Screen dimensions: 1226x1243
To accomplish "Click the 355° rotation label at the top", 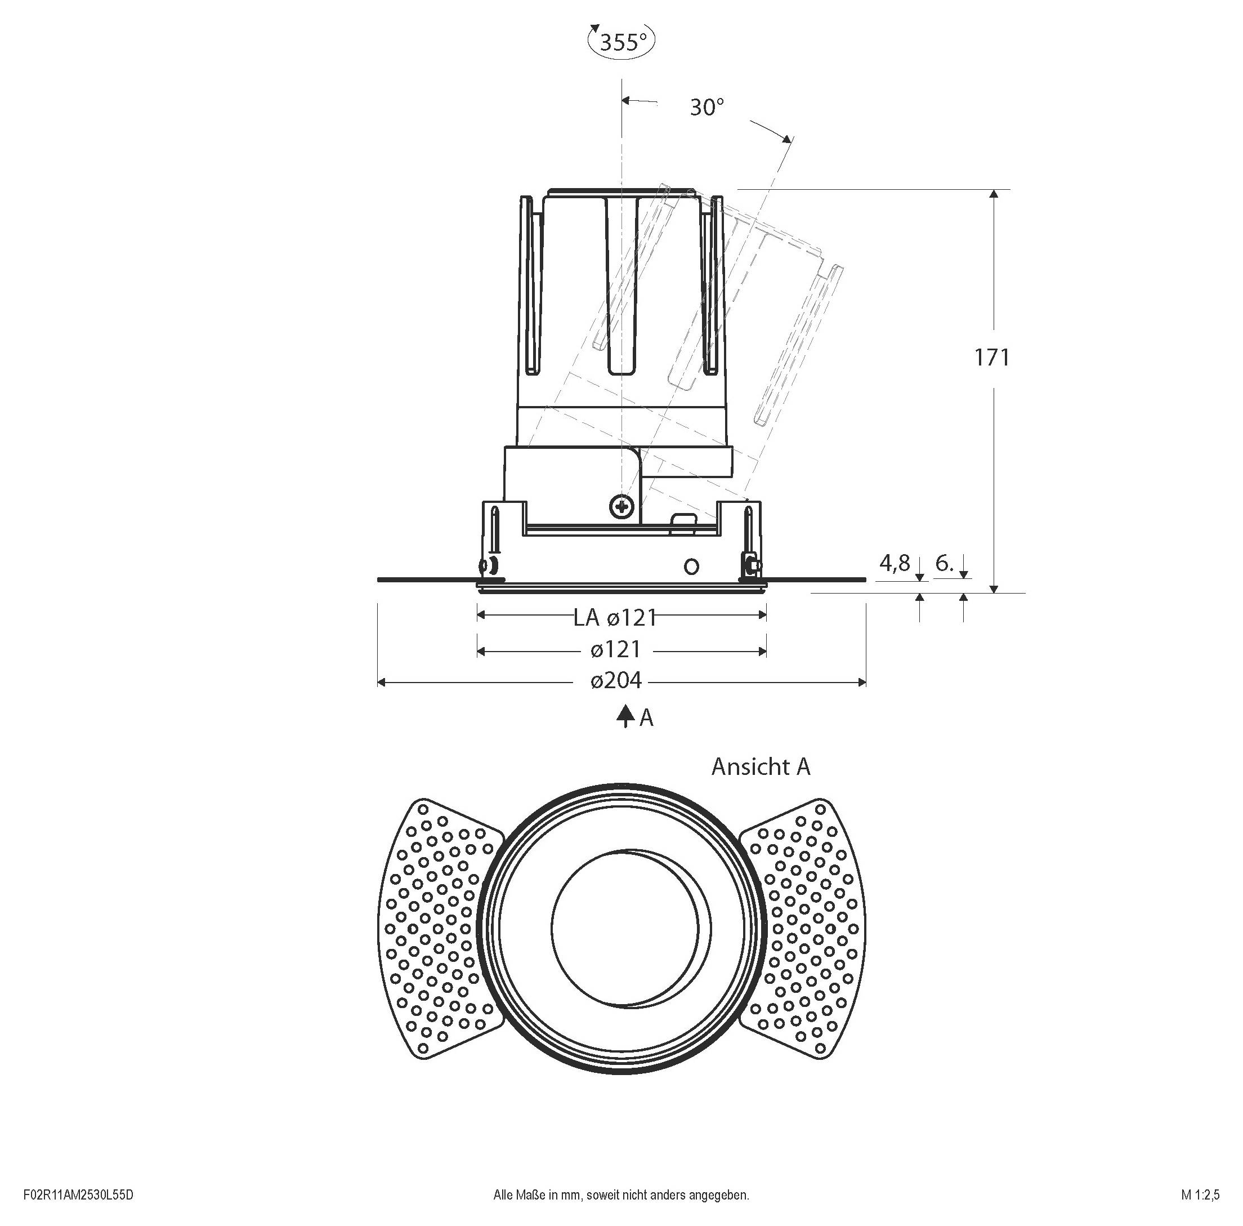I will coord(622,42).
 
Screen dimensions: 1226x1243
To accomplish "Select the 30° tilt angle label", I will coord(707,108).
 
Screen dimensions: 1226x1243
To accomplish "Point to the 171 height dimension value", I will coord(991,357).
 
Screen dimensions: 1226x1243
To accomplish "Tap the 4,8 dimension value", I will coord(895,563).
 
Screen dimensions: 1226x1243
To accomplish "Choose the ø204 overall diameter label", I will coord(616,680).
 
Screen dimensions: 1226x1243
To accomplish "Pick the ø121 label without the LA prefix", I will coord(616,649).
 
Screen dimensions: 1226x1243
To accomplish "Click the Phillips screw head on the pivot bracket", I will coord(621,507).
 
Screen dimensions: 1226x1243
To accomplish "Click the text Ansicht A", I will coord(761,766).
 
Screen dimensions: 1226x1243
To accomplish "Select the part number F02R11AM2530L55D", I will coord(78,1195).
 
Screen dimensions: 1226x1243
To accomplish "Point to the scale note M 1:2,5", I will coord(1200,1195).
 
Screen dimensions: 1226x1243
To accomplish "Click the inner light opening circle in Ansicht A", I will coord(624,928).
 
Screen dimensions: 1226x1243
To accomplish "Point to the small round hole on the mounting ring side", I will coord(691,567).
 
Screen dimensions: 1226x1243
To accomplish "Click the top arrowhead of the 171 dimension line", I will coord(994,194).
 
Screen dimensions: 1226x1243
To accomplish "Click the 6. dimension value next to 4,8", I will coord(945,563).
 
